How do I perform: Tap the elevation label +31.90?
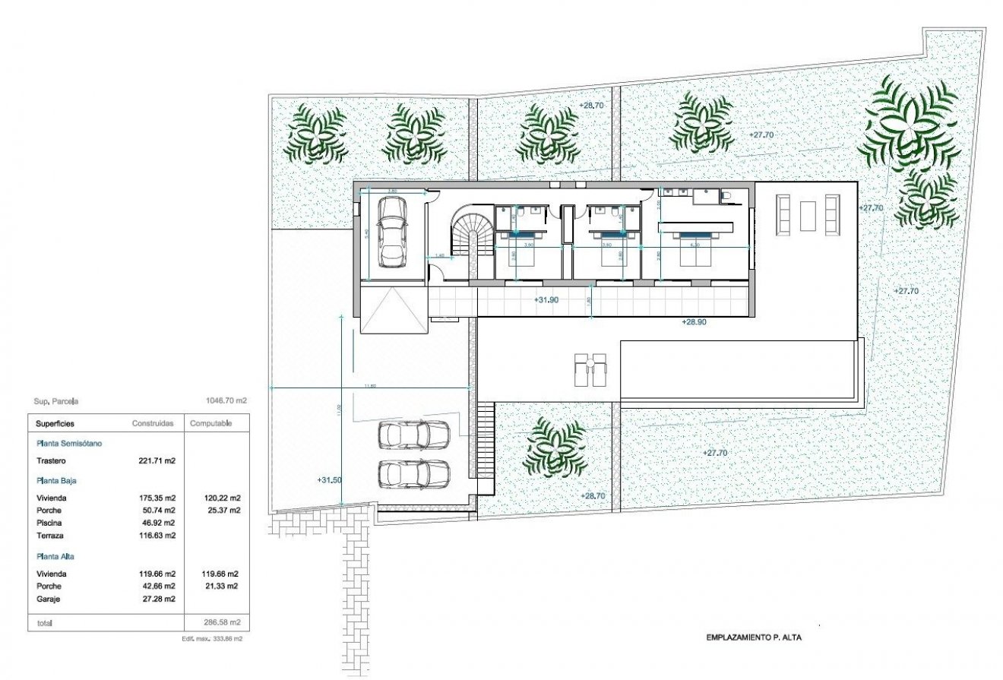click(546, 300)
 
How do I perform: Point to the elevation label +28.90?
click(694, 322)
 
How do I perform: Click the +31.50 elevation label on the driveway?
click(329, 479)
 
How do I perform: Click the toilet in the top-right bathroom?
click(728, 197)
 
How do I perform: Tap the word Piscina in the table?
click(49, 523)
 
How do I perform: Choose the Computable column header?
click(210, 423)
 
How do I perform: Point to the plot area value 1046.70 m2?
click(226, 400)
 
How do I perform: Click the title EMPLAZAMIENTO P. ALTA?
click(753, 638)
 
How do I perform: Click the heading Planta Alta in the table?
click(55, 556)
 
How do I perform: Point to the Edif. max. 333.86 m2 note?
click(212, 639)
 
